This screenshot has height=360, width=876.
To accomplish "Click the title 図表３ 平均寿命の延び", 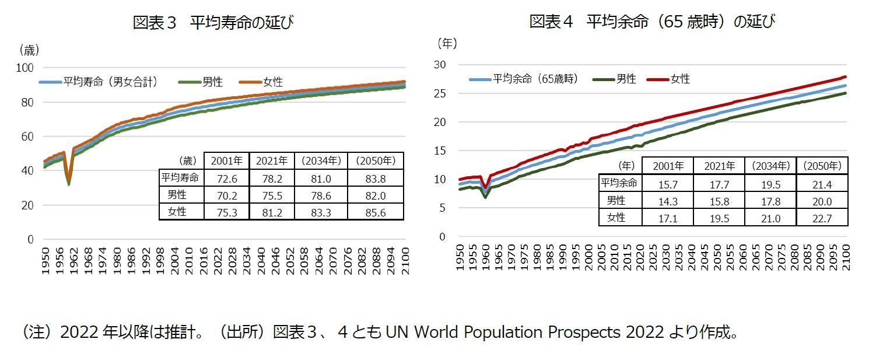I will tap(212, 23).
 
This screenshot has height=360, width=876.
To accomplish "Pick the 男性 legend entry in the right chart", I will tap(626, 79).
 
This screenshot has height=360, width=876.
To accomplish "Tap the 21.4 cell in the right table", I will tap(822, 184).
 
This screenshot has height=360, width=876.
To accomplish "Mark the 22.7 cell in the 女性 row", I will tap(822, 218).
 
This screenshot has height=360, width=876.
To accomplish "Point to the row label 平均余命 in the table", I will tap(620, 183).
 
